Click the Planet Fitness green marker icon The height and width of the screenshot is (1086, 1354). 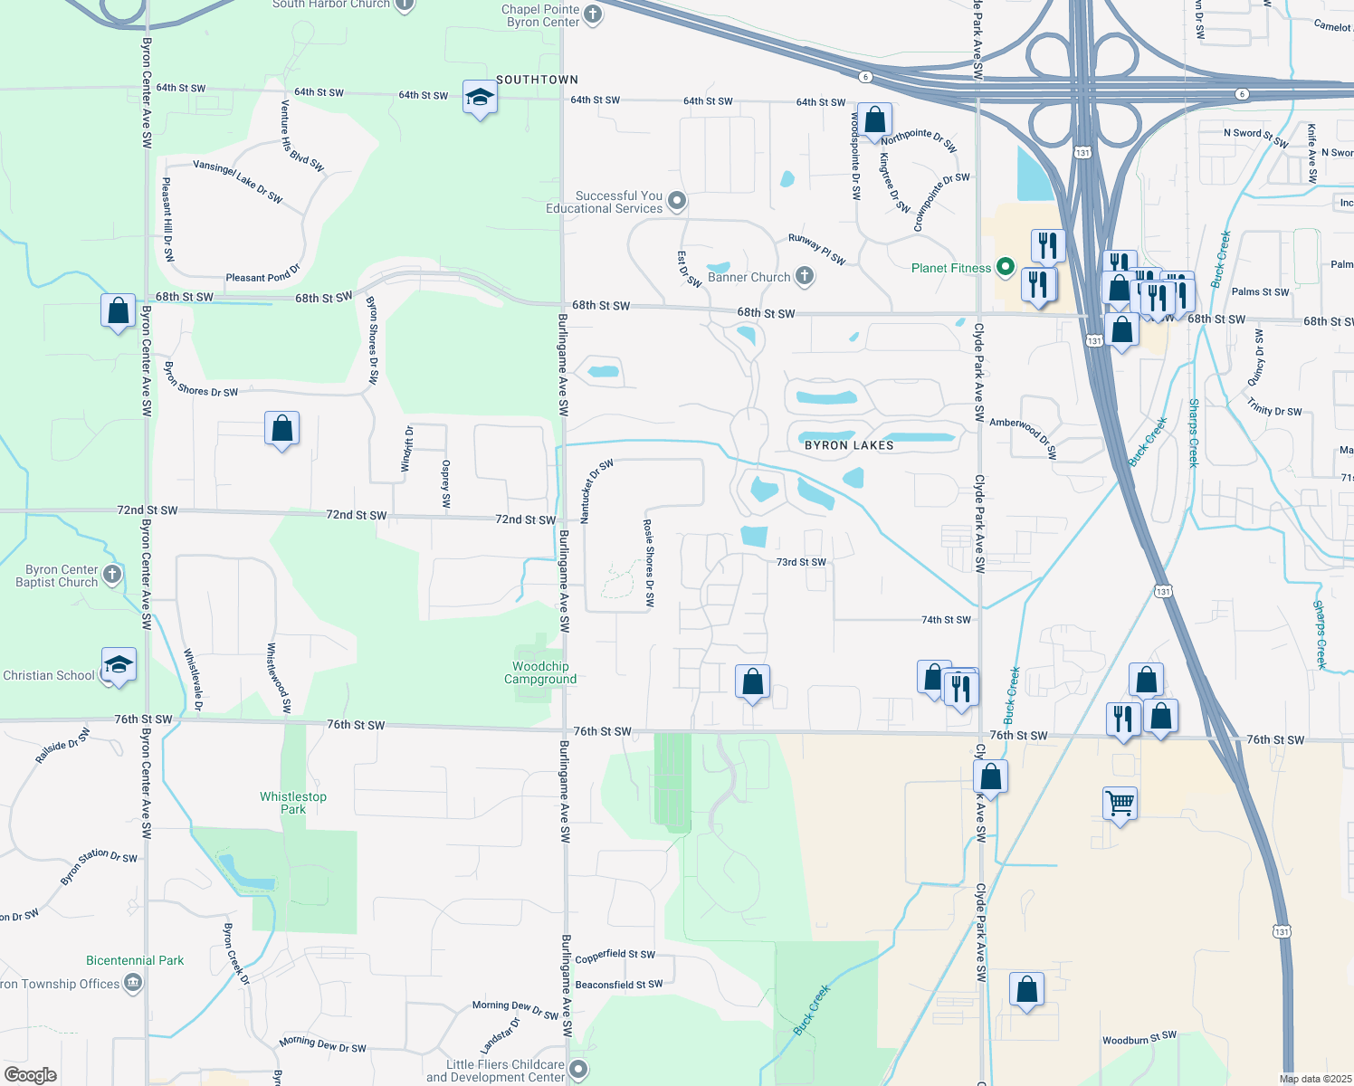[x=1005, y=267]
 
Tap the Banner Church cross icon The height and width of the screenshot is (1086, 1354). [x=805, y=277]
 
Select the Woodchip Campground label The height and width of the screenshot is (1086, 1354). [x=540, y=673]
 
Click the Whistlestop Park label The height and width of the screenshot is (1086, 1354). [x=293, y=803]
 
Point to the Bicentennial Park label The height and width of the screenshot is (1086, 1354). [x=135, y=960]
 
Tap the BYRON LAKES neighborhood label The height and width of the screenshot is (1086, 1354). [x=849, y=445]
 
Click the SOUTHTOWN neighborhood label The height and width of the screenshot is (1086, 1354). [x=537, y=80]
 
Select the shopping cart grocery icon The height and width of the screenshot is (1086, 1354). [x=1120, y=803]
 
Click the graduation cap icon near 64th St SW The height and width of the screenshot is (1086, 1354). [x=479, y=97]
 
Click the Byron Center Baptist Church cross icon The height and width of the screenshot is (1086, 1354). [x=112, y=574]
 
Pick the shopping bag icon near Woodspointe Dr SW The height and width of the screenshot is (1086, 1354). [x=874, y=119]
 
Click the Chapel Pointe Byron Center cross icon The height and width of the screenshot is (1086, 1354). [x=593, y=14]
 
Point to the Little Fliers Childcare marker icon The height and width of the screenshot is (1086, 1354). [x=578, y=1070]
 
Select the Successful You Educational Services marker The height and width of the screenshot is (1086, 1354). [x=676, y=201]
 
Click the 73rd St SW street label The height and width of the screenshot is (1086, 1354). [x=801, y=562]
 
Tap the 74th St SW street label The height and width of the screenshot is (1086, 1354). [x=946, y=620]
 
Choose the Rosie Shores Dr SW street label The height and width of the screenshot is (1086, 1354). [x=649, y=562]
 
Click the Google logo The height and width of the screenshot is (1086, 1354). [x=30, y=1074]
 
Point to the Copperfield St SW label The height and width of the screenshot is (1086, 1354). [x=615, y=956]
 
